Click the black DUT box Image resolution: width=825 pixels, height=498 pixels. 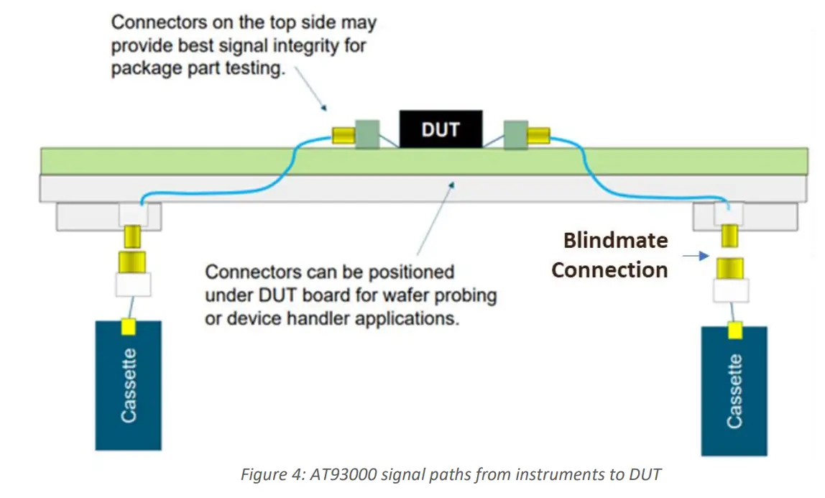[x=441, y=130]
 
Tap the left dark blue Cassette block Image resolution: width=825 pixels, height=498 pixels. [x=128, y=385]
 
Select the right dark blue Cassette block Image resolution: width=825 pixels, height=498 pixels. [x=734, y=391]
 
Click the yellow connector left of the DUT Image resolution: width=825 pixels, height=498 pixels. [x=343, y=135]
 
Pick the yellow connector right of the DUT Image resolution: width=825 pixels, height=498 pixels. [x=539, y=135]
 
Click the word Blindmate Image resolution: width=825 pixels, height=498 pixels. [x=615, y=240]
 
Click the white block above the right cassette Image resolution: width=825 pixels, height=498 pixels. [x=730, y=290]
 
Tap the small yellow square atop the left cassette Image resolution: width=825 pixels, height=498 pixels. [x=128, y=328]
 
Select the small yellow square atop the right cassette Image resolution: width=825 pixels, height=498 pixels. [x=734, y=331]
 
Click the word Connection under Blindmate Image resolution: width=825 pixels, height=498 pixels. [x=609, y=270]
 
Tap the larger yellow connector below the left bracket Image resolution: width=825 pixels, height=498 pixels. [x=132, y=261]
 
